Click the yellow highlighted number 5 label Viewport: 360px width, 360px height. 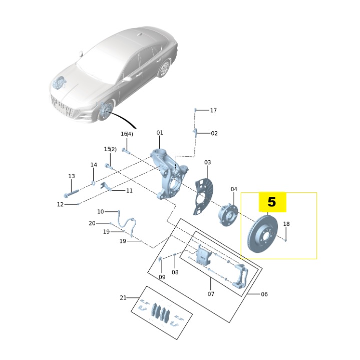(272, 202)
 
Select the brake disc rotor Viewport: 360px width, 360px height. (263, 234)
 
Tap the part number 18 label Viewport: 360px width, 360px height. (286, 224)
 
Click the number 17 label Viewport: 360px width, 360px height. (213, 110)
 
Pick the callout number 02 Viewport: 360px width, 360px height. (214, 133)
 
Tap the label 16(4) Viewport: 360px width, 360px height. (127, 134)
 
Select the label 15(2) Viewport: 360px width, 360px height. (110, 149)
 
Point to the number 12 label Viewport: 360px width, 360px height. (60, 204)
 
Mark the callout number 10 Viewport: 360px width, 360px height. (101, 212)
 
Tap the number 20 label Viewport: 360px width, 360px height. (92, 223)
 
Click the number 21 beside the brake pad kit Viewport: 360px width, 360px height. (123, 298)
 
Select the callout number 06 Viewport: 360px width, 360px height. (264, 294)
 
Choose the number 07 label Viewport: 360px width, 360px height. (211, 294)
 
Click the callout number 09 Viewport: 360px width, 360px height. (162, 277)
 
